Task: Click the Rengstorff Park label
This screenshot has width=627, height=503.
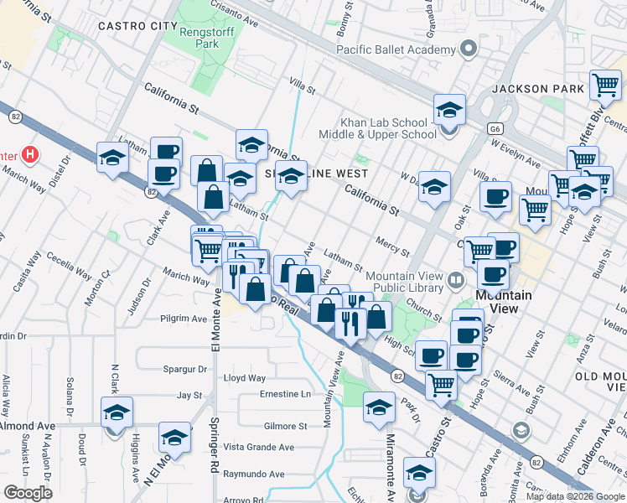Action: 206,39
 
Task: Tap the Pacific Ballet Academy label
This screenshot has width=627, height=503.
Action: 395,49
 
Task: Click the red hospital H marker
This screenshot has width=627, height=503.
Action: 30,155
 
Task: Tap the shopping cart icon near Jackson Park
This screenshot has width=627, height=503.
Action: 605,85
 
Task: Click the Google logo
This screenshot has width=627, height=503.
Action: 28,493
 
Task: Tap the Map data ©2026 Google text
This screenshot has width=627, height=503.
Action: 574,496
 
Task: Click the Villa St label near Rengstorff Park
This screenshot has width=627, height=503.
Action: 301,85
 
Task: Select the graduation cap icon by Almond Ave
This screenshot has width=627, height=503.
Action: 116,412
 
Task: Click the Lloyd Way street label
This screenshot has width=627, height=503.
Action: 245,379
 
